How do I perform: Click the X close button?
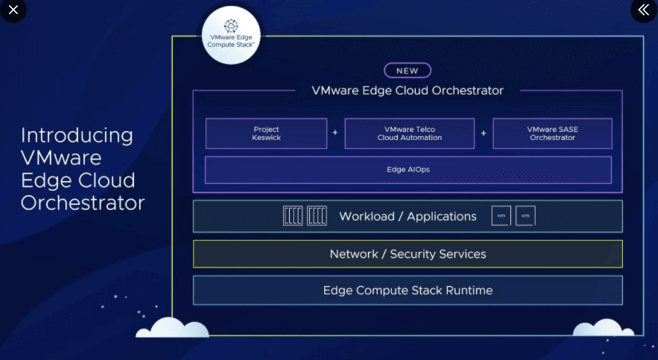pos(13,10)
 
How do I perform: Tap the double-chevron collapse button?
pos(643,10)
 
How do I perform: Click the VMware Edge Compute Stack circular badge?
pos(231,35)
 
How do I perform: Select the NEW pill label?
pos(407,71)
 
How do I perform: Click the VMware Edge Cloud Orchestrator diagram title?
pos(407,91)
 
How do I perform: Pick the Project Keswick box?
pos(266,134)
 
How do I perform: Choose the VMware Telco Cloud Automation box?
pos(409,134)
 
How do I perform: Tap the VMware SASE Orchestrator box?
pos(552,134)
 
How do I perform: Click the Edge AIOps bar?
pos(408,170)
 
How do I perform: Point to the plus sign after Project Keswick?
pos(335,133)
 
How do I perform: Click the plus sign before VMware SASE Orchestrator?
pos(484,133)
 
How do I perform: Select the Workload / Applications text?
pos(408,217)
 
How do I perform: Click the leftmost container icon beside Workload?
pos(292,216)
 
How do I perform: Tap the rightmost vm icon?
pos(525,216)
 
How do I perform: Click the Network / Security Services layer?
pos(407,254)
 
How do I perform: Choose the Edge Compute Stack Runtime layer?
pos(407,291)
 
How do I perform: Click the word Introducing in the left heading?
pos(77,136)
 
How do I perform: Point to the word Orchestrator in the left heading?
pos(83,203)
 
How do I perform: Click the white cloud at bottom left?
pos(172,327)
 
